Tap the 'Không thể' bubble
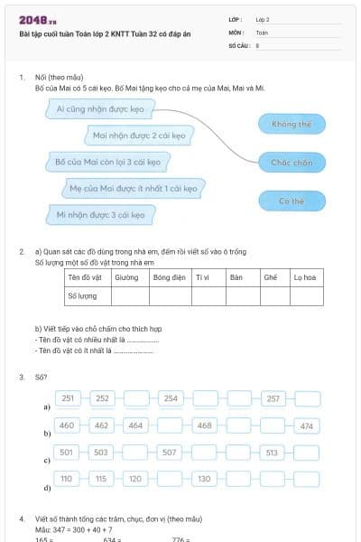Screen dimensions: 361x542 pyautogui.click(x=291, y=123)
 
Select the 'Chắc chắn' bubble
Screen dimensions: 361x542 pyautogui.click(x=291, y=163)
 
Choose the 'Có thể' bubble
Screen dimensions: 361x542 pyautogui.click(x=291, y=201)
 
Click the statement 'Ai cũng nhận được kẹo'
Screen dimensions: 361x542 pyautogui.click(x=99, y=108)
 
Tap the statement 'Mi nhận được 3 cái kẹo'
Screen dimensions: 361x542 pyautogui.click(x=99, y=215)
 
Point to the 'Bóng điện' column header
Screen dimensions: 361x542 pyautogui.click(x=168, y=277)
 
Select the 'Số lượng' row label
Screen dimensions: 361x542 pyautogui.click(x=84, y=295)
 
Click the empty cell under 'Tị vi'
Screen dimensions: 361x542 pyautogui.click(x=207, y=295)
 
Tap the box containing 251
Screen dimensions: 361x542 pyautogui.click(x=69, y=398)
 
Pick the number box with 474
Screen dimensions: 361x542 pyautogui.click(x=307, y=425)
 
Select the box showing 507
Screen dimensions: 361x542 pyautogui.click(x=170, y=452)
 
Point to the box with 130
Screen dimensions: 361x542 pyautogui.click(x=205, y=478)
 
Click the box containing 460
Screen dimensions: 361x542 pyautogui.click(x=67, y=425)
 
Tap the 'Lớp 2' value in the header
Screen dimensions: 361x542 pyautogui.click(x=263, y=18)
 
